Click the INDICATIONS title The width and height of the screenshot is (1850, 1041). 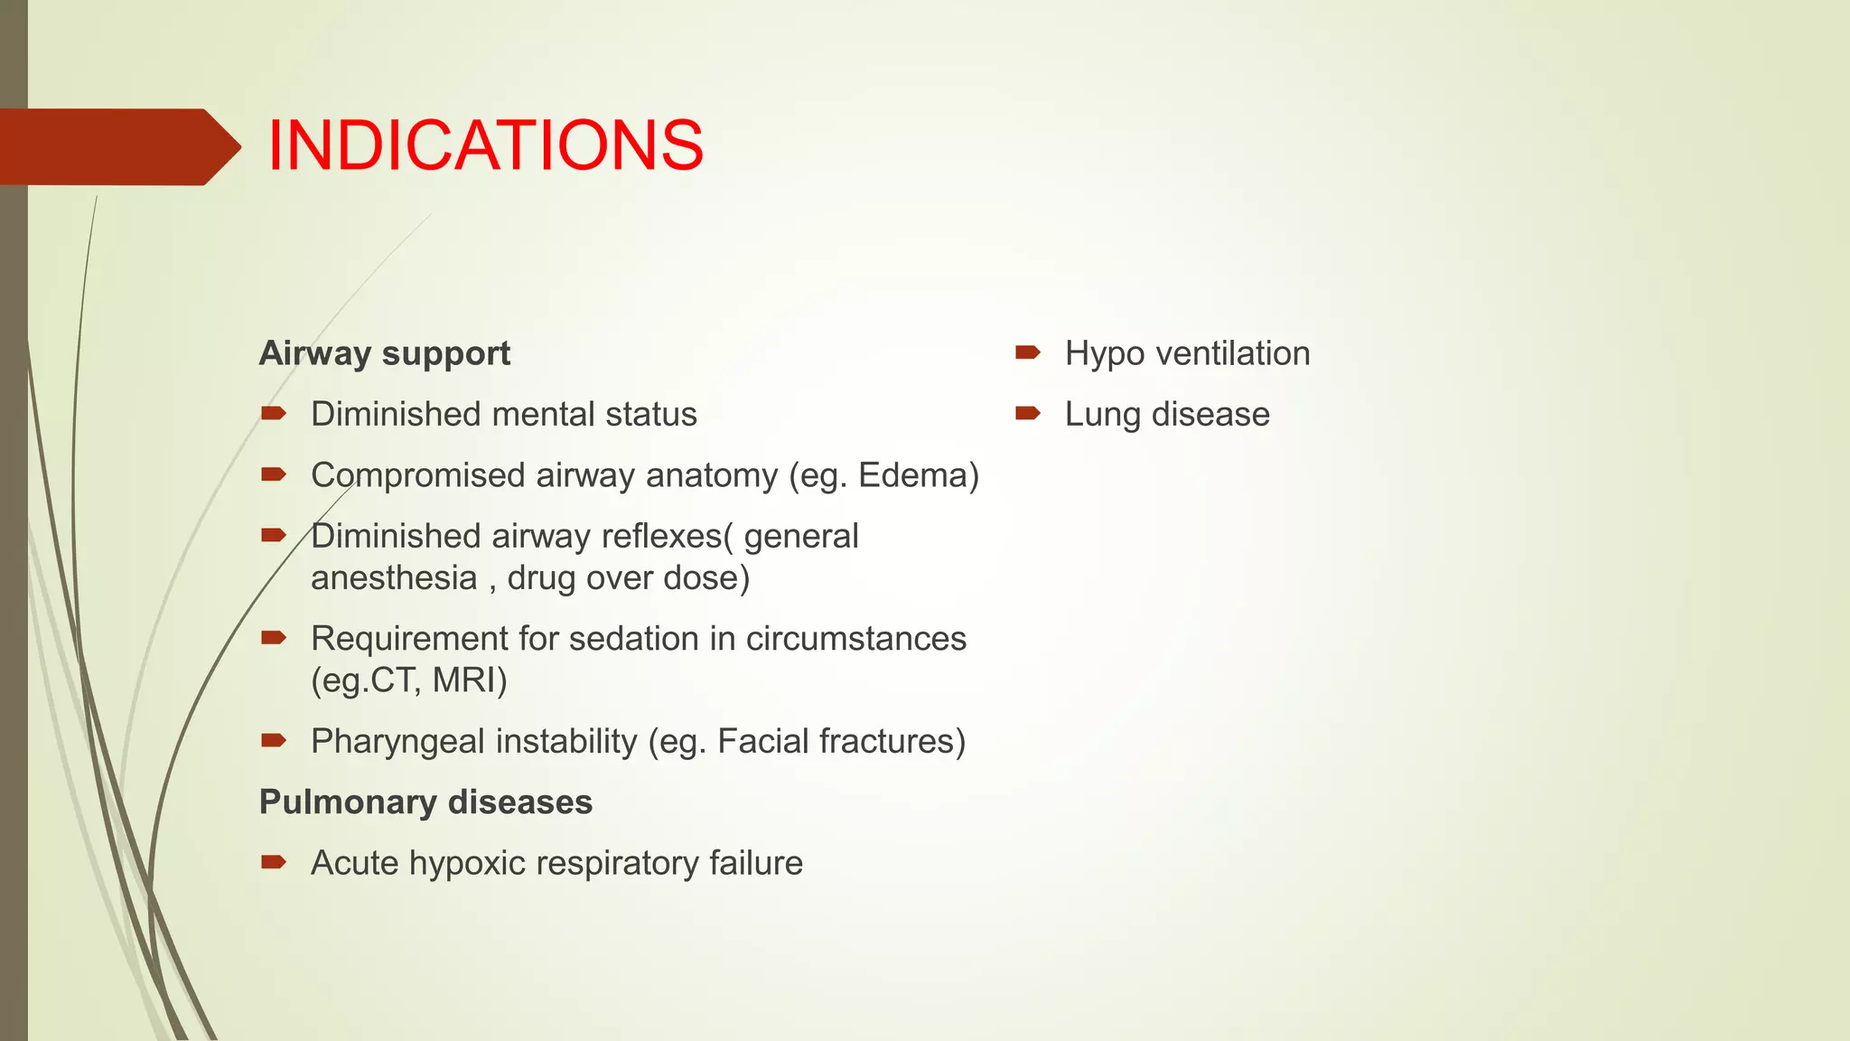(485, 145)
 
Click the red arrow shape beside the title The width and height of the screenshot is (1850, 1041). (117, 147)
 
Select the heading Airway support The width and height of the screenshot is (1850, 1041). (384, 353)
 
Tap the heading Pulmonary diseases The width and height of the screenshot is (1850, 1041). (425, 802)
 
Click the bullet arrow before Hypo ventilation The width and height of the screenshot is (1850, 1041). (1027, 352)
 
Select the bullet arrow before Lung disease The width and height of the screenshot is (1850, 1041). (1027, 414)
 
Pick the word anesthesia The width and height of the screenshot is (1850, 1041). (394, 578)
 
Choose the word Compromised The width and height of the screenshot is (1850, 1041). (417, 476)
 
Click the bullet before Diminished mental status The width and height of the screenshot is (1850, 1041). (273, 414)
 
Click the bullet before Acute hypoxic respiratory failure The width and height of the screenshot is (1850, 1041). (273, 862)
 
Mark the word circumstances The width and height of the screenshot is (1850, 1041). (855, 639)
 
